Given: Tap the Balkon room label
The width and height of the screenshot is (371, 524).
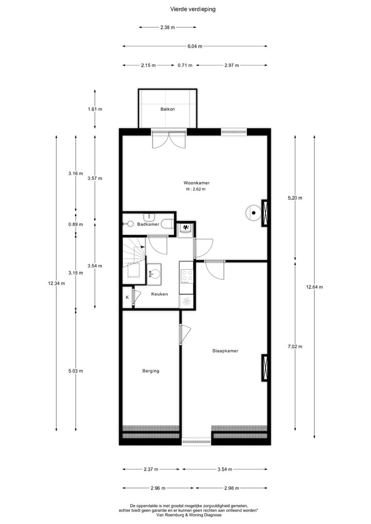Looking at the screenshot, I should pyautogui.click(x=167, y=109).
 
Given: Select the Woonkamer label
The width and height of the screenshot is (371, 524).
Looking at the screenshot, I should pyautogui.click(x=196, y=183).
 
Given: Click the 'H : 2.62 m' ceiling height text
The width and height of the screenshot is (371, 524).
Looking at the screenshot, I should pyautogui.click(x=196, y=190).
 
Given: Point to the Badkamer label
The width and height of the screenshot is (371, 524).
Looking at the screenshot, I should pyautogui.click(x=147, y=225).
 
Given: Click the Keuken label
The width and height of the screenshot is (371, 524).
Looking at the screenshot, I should pyautogui.click(x=159, y=294).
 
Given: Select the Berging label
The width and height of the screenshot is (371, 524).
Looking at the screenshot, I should pyautogui.click(x=151, y=371).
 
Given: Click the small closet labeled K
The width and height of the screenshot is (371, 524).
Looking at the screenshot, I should pyautogui.click(x=127, y=297).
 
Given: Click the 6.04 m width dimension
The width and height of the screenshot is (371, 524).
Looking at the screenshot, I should pyautogui.click(x=195, y=46).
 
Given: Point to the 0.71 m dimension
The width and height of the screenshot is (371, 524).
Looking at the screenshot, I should pyautogui.click(x=184, y=65).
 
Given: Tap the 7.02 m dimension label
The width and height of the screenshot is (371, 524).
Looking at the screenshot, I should pyautogui.click(x=295, y=346).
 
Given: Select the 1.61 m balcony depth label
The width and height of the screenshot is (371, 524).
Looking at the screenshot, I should pyautogui.click(x=95, y=109).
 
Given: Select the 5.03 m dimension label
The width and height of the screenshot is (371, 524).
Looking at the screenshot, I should pyautogui.click(x=76, y=371).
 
